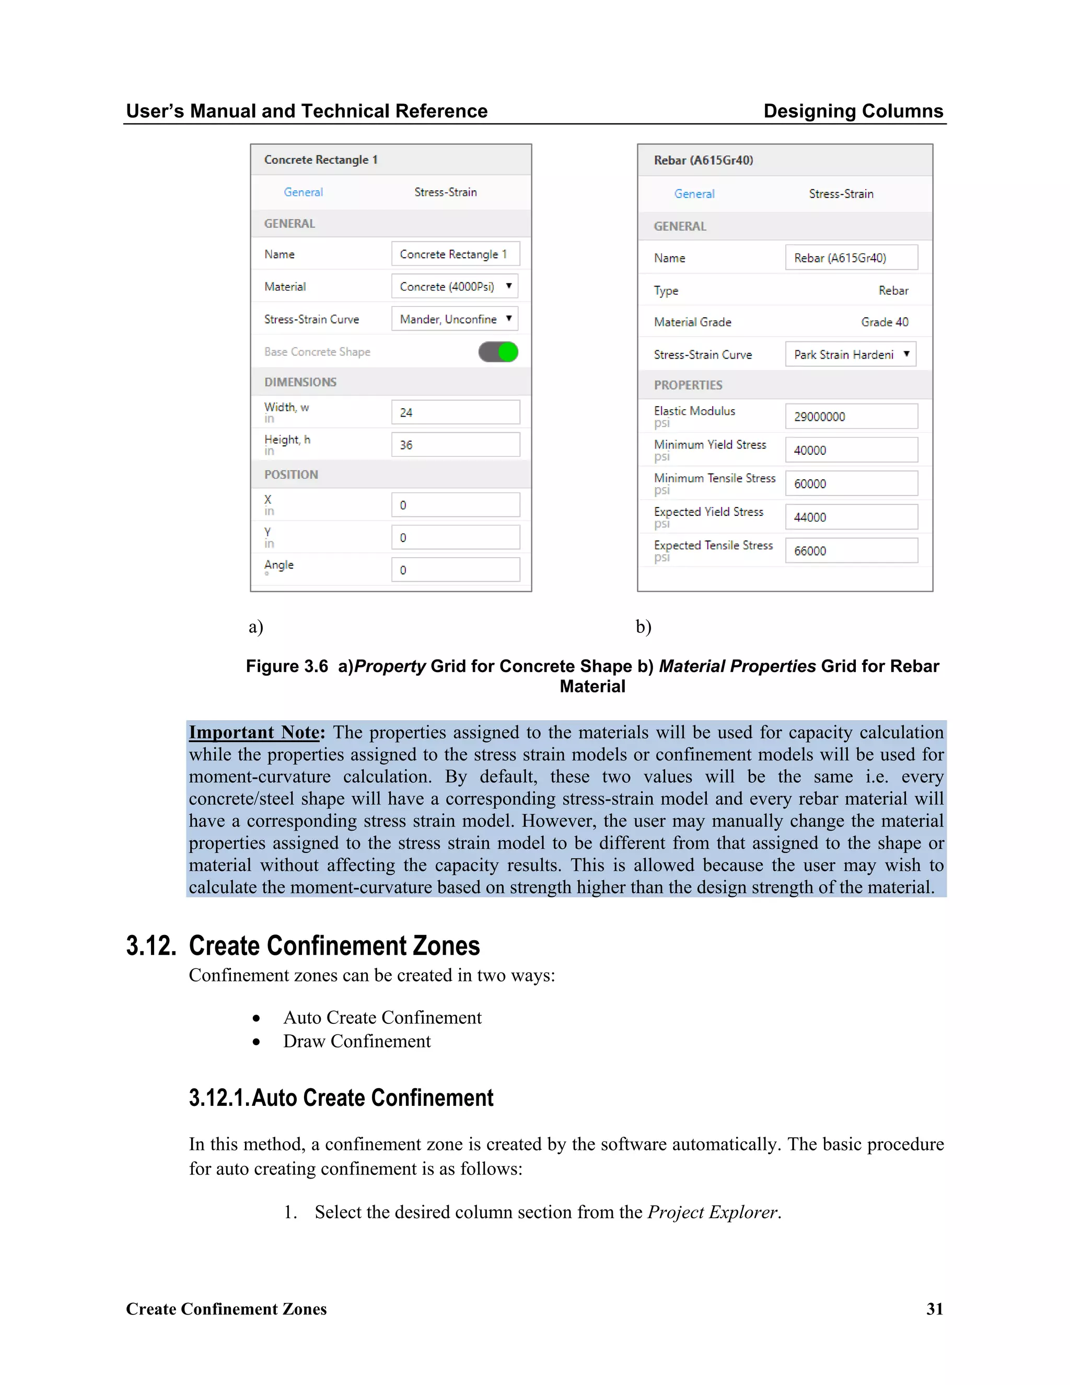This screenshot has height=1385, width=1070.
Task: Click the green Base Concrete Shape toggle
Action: [498, 352]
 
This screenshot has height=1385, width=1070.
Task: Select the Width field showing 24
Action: [455, 412]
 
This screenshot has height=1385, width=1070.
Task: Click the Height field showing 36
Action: [455, 445]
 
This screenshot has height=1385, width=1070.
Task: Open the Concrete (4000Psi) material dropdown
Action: [455, 286]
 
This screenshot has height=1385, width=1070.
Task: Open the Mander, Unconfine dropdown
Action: [455, 319]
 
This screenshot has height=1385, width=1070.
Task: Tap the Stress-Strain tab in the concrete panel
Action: [445, 192]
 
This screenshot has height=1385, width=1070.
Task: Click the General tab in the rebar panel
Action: [694, 194]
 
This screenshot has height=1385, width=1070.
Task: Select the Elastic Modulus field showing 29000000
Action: [851, 417]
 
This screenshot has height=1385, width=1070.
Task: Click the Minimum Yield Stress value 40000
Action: [851, 450]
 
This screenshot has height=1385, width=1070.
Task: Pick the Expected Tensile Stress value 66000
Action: [851, 551]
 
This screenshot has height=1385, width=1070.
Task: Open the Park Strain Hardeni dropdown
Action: [850, 354]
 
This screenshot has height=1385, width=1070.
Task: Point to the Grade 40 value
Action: [885, 322]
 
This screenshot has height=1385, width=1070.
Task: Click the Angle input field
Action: [455, 570]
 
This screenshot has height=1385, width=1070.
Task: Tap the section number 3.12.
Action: [151, 945]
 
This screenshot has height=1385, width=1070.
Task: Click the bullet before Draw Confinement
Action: [256, 1042]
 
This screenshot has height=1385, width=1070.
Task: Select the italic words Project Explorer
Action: [713, 1212]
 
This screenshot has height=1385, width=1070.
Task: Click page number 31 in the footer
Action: [934, 1309]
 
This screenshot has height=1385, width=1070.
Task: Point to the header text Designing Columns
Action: [853, 111]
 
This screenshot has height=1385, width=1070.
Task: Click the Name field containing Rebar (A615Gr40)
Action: [851, 258]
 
